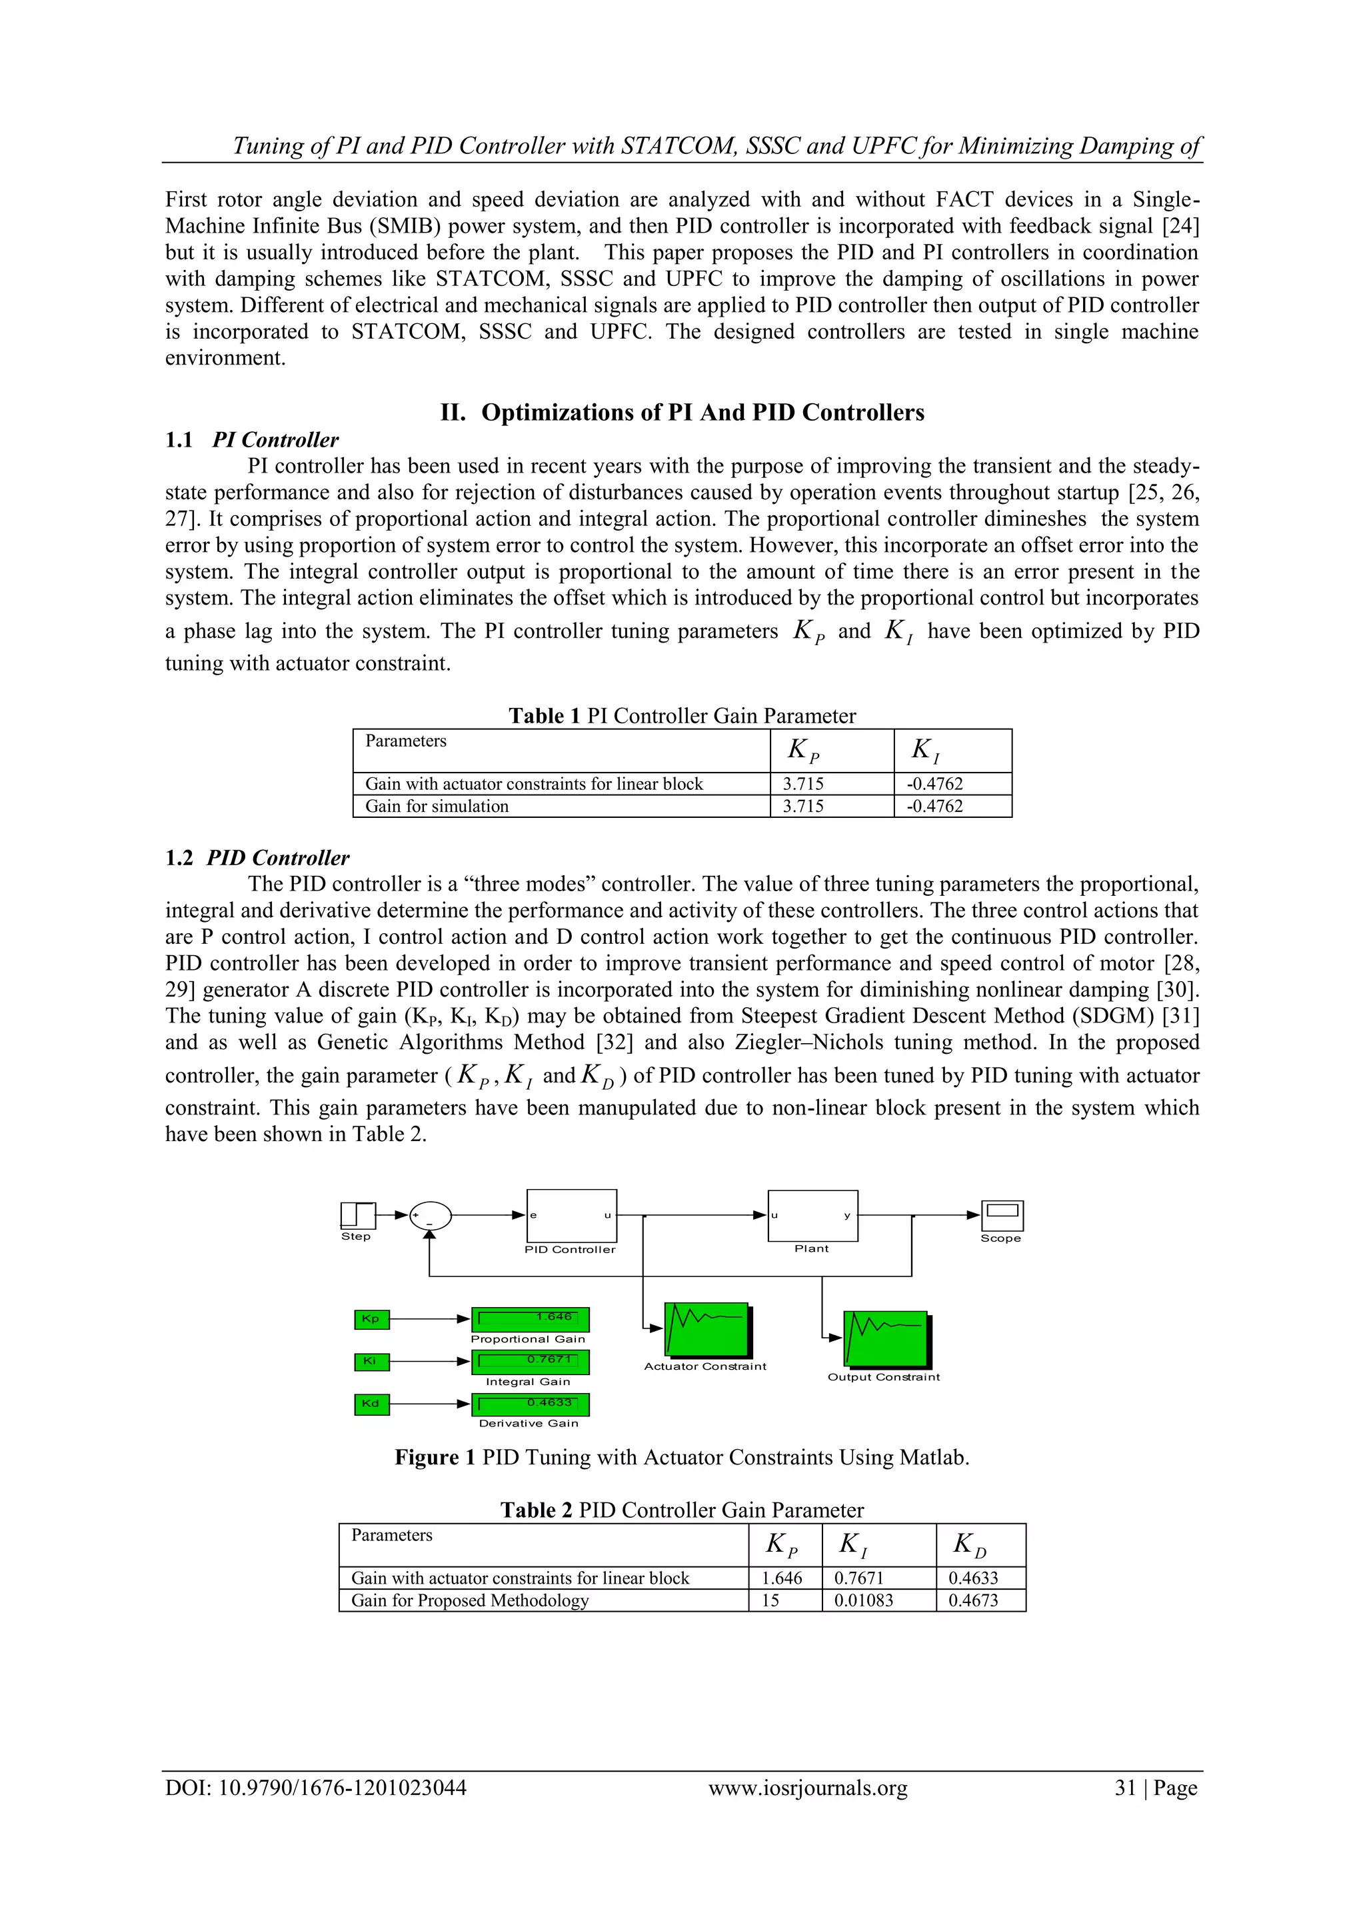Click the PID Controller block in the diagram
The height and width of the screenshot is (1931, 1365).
pyautogui.click(x=571, y=1215)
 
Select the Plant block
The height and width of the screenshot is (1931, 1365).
pyautogui.click(x=812, y=1215)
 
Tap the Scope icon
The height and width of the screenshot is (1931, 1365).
pyautogui.click(x=1002, y=1215)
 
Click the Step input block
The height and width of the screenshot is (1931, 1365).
pyautogui.click(x=357, y=1214)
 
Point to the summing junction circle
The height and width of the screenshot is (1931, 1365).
pyautogui.click(x=430, y=1215)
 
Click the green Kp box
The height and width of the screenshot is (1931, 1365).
pyautogui.click(x=371, y=1318)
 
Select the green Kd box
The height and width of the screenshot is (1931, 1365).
pyautogui.click(x=371, y=1403)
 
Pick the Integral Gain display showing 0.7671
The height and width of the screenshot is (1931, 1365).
pyautogui.click(x=530, y=1361)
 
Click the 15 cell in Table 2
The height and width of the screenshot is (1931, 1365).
pyautogui.click(x=771, y=1600)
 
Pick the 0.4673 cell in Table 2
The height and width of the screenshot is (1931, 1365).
pyautogui.click(x=973, y=1600)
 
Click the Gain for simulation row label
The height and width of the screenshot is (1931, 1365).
pyautogui.click(x=437, y=806)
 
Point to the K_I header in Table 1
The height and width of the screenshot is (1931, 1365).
pyautogui.click(x=925, y=749)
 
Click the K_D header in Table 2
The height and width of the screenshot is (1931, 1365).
pyautogui.click(x=970, y=1545)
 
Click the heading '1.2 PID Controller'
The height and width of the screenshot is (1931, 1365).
pyautogui.click(x=257, y=858)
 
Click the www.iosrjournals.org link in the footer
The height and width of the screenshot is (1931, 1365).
pyautogui.click(x=807, y=1787)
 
